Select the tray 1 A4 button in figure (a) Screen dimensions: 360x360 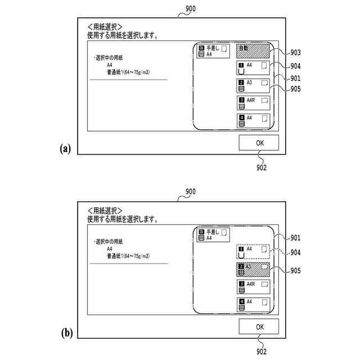point(253,69)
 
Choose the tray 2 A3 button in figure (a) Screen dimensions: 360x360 point(253,85)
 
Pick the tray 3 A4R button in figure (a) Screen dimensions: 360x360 point(253,103)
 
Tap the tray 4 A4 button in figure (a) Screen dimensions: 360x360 point(253,120)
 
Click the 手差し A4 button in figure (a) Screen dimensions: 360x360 point(211,52)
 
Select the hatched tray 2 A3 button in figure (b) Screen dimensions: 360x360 point(253,269)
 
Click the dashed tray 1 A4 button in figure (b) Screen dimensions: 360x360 point(253,251)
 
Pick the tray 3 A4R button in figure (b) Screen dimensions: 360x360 point(253,287)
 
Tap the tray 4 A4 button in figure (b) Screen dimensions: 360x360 point(253,304)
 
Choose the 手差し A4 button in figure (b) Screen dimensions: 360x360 point(211,235)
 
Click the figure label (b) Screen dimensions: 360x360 point(66,332)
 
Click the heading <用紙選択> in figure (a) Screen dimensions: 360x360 point(105,26)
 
